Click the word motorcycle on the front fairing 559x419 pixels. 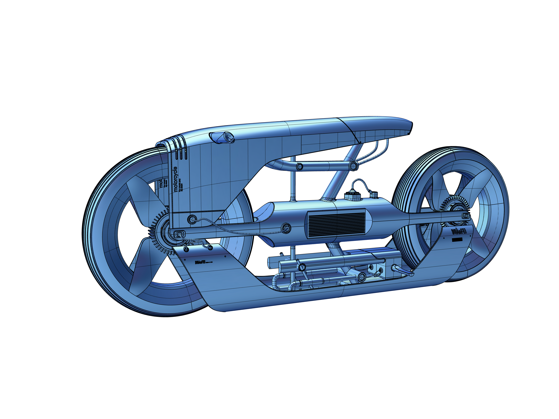[x=176, y=179]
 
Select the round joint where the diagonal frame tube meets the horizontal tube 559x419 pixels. [x=353, y=166]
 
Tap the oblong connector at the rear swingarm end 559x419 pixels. [x=466, y=215]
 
